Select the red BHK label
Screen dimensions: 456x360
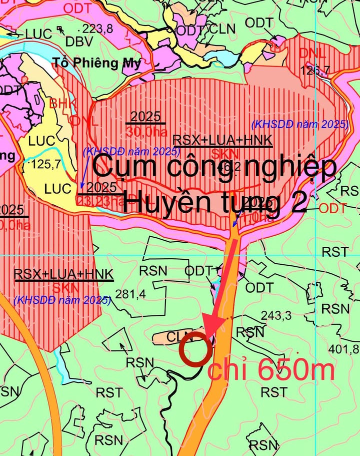[62, 104]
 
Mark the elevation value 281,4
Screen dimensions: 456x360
[130, 294]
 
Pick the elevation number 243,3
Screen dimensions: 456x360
[276, 316]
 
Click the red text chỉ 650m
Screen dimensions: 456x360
[271, 371]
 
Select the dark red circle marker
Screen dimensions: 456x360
[194, 348]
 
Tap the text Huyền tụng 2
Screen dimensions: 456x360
[214, 203]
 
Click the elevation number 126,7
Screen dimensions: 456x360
[314, 71]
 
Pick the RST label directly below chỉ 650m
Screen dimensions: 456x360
[274, 392]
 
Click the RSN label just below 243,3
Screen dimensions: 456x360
[249, 331]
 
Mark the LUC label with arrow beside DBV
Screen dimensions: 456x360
[38, 34]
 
